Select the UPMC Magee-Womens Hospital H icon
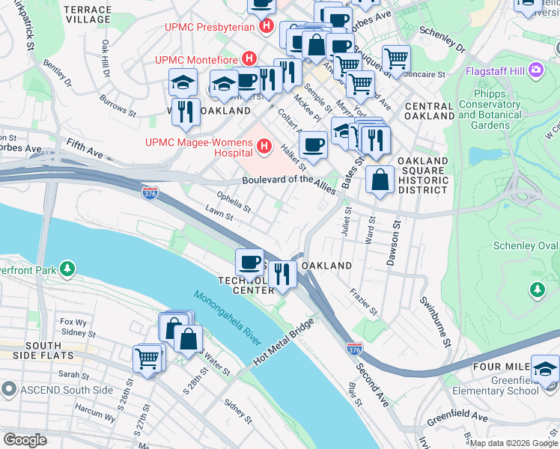[x=263, y=147]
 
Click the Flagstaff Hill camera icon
[x=535, y=70]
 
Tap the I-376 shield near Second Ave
[x=355, y=349]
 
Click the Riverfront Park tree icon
[x=68, y=267]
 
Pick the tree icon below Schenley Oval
[x=536, y=289]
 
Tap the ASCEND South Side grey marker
[x=8, y=388]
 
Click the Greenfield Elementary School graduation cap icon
[x=545, y=367]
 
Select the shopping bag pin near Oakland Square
[x=380, y=180]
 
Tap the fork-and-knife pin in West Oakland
[x=185, y=112]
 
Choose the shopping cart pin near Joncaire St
[x=395, y=58]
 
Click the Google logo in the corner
[x=25, y=439]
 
